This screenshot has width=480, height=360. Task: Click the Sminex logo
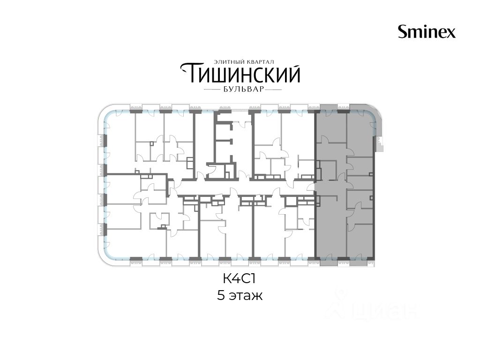click(427, 31)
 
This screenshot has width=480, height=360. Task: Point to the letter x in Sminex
click(451, 33)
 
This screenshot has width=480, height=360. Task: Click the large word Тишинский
click(240, 74)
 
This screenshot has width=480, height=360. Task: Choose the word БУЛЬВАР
click(242, 90)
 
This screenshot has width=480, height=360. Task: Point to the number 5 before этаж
click(221, 296)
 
